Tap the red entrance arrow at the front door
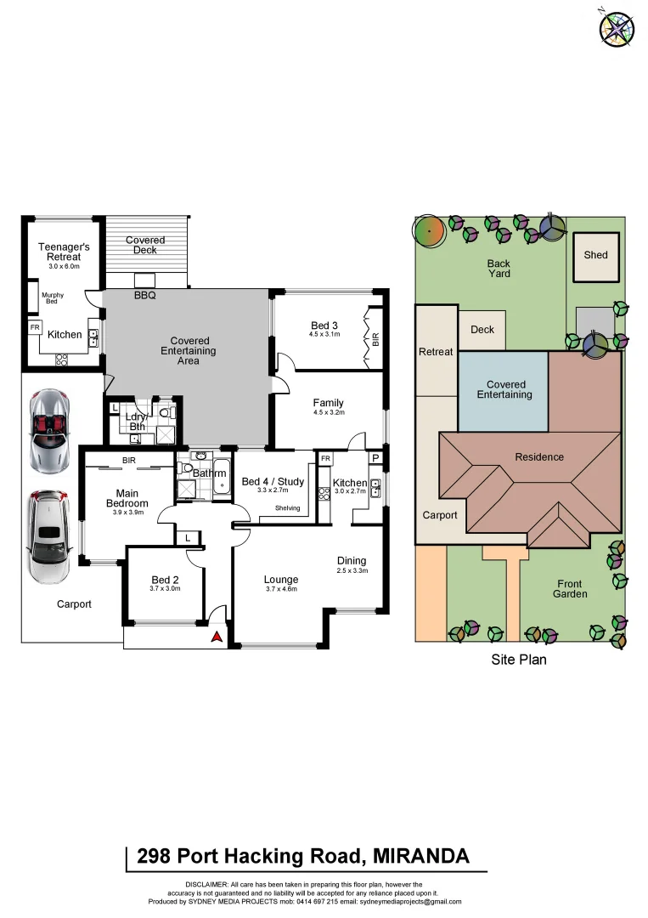(x=217, y=636)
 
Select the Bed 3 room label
(x=324, y=326)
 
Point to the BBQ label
(x=145, y=296)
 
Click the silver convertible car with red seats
(x=48, y=431)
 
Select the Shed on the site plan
(x=596, y=255)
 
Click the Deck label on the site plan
(x=482, y=329)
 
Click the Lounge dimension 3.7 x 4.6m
(x=281, y=589)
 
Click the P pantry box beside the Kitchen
(x=375, y=458)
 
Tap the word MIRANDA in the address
(x=421, y=856)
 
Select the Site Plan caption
(x=519, y=659)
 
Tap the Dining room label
(x=352, y=560)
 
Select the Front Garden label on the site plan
(x=572, y=589)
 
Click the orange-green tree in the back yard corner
(x=429, y=229)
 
